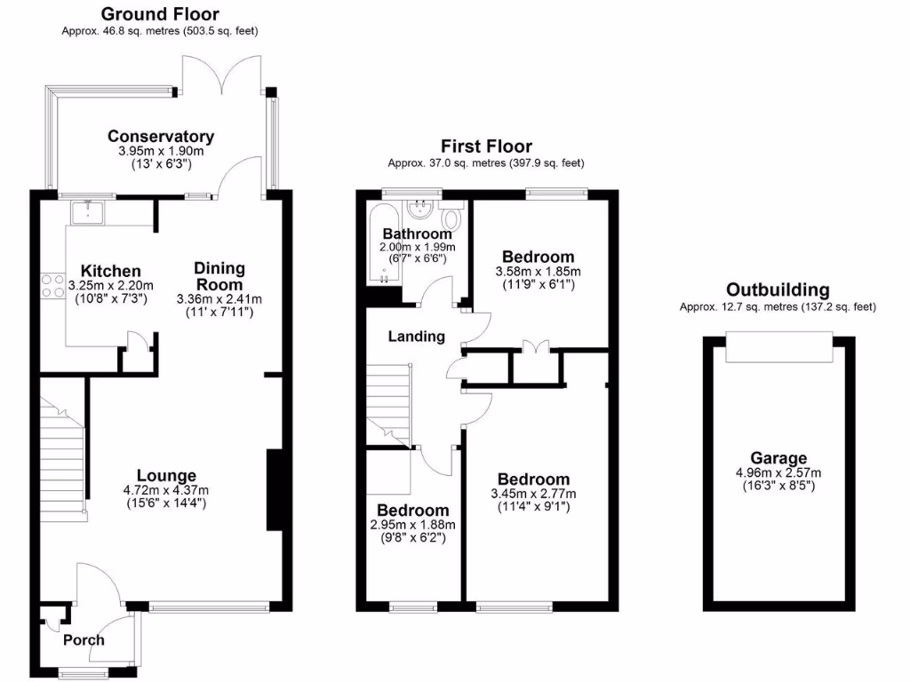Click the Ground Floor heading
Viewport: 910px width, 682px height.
tap(160, 14)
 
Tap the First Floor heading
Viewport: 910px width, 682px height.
tap(486, 147)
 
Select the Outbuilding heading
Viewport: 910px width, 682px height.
tap(778, 290)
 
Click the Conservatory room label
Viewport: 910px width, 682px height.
tap(161, 137)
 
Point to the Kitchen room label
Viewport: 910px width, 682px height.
tap(111, 271)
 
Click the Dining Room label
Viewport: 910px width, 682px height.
tap(220, 275)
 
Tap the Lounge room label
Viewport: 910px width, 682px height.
tap(166, 476)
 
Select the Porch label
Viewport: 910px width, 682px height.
tap(84, 640)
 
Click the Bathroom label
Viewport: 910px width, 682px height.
tap(417, 234)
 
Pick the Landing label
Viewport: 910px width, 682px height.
tap(417, 337)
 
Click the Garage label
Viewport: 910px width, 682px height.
tap(778, 458)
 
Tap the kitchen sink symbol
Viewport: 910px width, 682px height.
tap(88, 211)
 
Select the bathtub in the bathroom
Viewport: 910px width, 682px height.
tap(382, 245)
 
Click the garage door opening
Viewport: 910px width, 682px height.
tap(778, 347)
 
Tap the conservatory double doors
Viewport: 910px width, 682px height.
tap(221, 75)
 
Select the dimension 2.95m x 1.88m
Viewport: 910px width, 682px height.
tap(412, 525)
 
